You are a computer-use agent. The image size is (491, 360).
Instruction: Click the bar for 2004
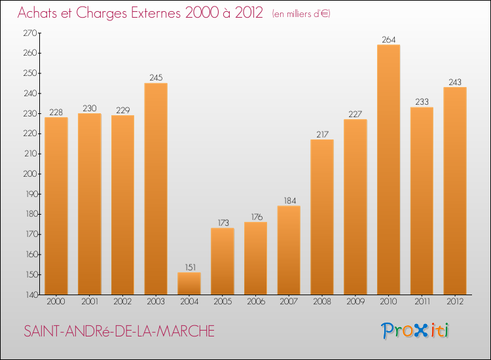tap(189, 283)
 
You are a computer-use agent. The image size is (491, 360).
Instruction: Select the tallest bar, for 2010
tap(388, 170)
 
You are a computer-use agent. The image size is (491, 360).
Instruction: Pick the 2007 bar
tap(289, 250)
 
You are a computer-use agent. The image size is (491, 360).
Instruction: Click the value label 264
tap(388, 40)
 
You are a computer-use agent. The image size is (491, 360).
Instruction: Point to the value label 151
tap(189, 268)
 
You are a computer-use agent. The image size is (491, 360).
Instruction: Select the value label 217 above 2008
tap(322, 135)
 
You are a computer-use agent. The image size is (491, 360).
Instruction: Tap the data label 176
tap(256, 217)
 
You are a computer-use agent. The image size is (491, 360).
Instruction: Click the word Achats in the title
tap(39, 13)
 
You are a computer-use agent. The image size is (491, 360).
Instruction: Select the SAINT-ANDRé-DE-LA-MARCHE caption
tap(118, 331)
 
